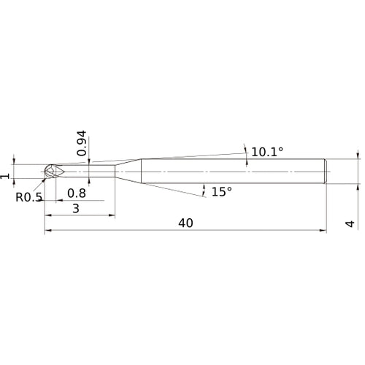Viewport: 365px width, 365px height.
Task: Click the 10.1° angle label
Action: pos(267,153)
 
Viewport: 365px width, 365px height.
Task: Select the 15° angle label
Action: pos(222,192)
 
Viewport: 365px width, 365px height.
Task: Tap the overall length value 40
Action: pos(185,223)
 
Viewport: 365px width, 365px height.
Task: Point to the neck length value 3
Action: pos(76,209)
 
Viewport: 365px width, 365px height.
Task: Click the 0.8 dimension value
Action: pos(77,193)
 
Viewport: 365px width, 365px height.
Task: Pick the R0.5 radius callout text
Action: pos(29,197)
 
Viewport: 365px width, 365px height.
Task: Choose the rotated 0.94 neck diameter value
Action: pos(82,143)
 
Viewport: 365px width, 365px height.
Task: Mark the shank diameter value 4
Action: pos(350,223)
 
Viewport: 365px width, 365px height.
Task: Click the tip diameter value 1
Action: pos(5,176)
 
